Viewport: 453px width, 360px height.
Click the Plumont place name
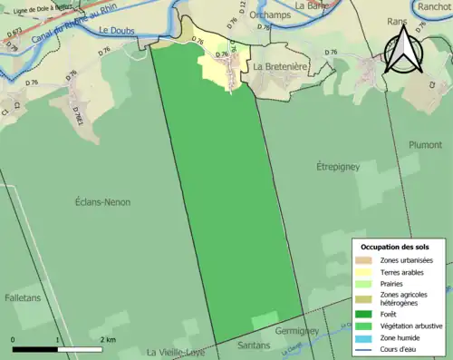click(x=424, y=143)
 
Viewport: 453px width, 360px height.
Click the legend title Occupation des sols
click(x=397, y=246)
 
